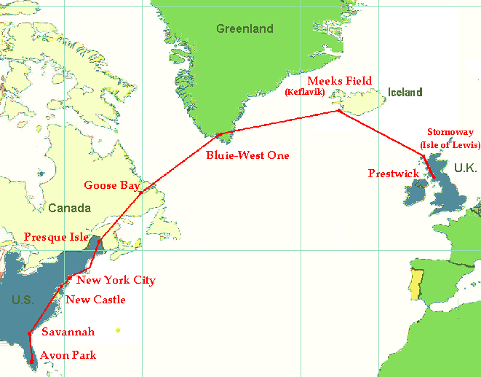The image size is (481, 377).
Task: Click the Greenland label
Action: (x=245, y=29)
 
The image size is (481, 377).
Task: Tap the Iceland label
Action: (x=405, y=93)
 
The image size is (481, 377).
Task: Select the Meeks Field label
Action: (x=340, y=80)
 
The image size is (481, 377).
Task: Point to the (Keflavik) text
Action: (x=303, y=92)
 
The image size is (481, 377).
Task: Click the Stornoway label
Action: (x=450, y=133)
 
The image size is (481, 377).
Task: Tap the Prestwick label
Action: (x=393, y=174)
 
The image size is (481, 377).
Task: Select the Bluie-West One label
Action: (x=247, y=155)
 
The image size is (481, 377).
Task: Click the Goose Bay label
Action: (x=111, y=185)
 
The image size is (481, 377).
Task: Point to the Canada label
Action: (x=69, y=209)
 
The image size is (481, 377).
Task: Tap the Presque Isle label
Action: (x=56, y=237)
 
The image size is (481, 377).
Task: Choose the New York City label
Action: (x=116, y=280)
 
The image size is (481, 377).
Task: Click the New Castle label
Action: (x=95, y=300)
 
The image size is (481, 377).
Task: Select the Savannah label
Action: (x=68, y=332)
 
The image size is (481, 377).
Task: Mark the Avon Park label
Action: (x=68, y=356)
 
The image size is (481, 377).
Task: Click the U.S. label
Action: (x=22, y=300)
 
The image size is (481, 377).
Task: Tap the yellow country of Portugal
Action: (x=416, y=284)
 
